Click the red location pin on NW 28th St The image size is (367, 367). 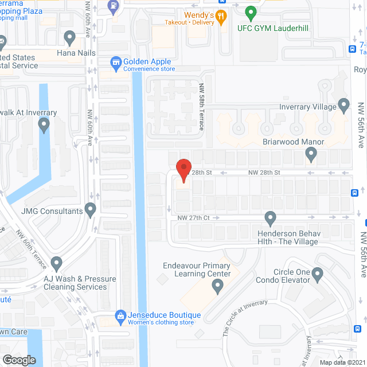click(x=183, y=169)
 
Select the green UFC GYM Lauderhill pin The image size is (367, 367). click(x=250, y=12)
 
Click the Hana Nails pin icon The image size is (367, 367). click(x=69, y=38)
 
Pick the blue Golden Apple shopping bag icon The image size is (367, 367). click(x=116, y=61)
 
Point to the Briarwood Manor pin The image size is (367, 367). click(x=311, y=153)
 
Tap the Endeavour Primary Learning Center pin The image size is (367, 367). click(x=217, y=286)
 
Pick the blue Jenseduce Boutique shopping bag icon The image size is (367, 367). click(x=120, y=315)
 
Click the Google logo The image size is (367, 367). click(x=19, y=360)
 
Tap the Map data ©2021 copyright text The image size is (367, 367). click(x=342, y=362)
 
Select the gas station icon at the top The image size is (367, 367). click(x=114, y=7)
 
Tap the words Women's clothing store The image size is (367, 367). click(x=161, y=323)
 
